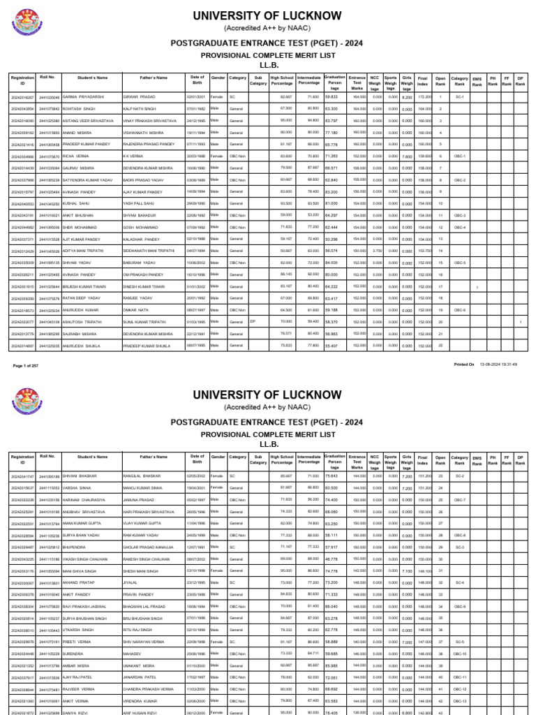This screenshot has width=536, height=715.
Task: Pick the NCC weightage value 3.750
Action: click(375, 250)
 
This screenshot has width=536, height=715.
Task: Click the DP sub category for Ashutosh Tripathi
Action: click(254, 321)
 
